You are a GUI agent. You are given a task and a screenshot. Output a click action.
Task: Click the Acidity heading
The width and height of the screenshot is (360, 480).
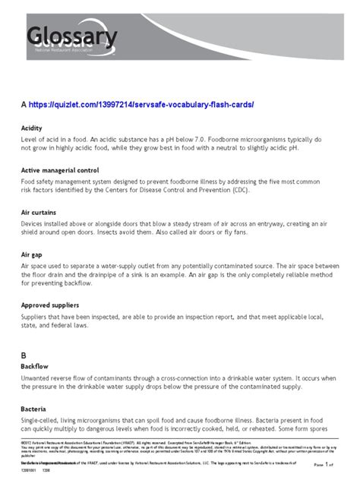click(x=33, y=128)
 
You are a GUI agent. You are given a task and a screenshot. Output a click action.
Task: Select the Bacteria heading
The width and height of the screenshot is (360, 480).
click(x=34, y=408)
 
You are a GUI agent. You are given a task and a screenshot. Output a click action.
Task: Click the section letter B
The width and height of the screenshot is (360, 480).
click(x=24, y=355)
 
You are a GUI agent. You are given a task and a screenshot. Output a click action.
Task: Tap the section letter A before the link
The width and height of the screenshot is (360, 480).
click(x=24, y=103)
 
